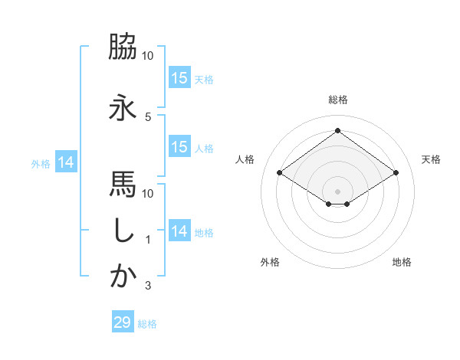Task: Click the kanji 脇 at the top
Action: (x=123, y=47)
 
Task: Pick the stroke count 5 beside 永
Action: (x=147, y=117)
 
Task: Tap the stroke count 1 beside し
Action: (x=147, y=240)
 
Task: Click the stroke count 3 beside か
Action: (x=147, y=286)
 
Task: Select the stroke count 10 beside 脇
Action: (x=148, y=56)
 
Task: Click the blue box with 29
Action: (x=123, y=322)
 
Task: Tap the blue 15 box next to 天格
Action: (x=179, y=78)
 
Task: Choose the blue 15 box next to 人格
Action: (x=179, y=147)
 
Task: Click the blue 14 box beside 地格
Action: (x=179, y=231)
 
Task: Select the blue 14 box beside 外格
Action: (x=65, y=162)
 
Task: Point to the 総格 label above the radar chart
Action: (x=337, y=100)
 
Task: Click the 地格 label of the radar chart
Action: (x=402, y=263)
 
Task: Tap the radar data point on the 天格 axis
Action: (x=396, y=173)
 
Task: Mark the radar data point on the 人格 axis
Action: (x=279, y=173)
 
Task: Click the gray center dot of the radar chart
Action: (x=337, y=190)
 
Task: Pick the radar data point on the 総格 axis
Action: (x=337, y=131)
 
